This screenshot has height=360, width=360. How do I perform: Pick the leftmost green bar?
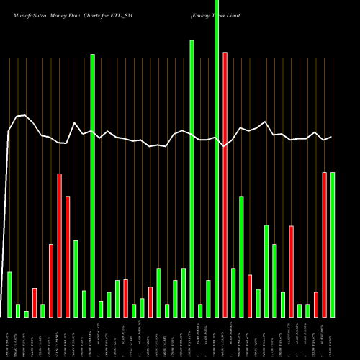pos(9,294)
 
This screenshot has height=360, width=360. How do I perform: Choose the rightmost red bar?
pos(324,245)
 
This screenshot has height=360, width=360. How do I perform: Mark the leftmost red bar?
pos(35,302)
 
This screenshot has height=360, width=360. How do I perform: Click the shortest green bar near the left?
pos(27,314)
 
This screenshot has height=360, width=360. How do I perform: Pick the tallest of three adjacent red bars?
pos(59,246)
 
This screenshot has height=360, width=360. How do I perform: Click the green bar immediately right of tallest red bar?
pos(233,292)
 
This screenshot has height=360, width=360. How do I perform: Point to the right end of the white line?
pos(331,137)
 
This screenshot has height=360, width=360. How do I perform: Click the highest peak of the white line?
pos(25,115)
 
